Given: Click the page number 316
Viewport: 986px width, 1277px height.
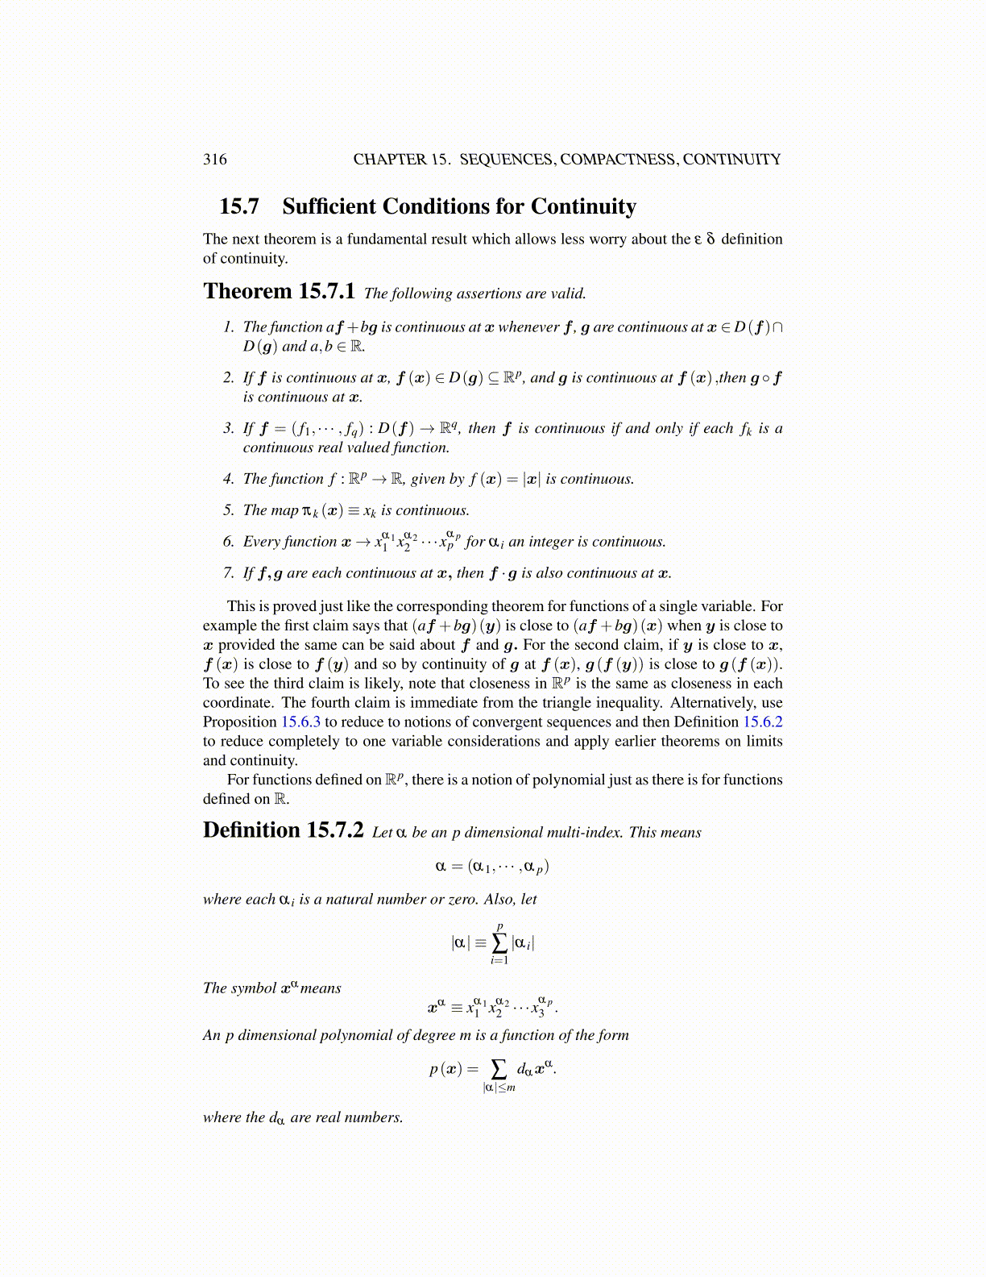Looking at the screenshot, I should [x=215, y=159].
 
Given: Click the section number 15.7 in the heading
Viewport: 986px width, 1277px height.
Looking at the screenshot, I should [x=238, y=206].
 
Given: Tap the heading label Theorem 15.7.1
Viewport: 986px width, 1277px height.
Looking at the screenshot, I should [x=279, y=291].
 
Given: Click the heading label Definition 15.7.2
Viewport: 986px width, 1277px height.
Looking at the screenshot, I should [x=283, y=830].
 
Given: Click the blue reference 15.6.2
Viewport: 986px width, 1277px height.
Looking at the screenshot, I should [x=762, y=722].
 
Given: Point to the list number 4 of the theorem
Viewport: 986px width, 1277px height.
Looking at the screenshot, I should [x=228, y=479].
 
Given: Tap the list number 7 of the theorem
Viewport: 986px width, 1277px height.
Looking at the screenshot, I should [x=228, y=573].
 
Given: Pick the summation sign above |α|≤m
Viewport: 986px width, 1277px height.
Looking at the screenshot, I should [x=499, y=1069].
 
